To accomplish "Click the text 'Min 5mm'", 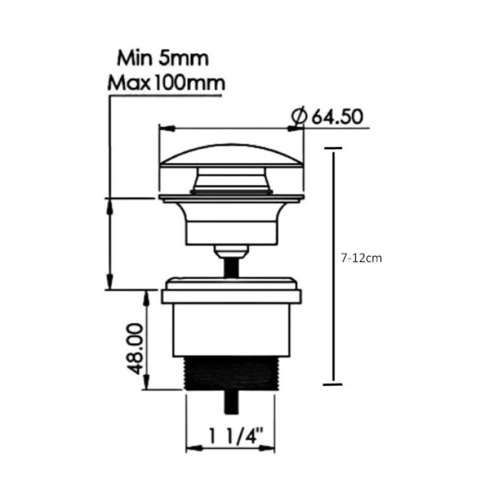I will pyautogui.click(x=163, y=59).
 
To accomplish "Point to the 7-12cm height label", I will pyautogui.click(x=361, y=258).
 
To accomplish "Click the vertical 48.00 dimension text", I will pyautogui.click(x=135, y=349).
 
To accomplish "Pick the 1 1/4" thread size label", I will pyautogui.click(x=229, y=435).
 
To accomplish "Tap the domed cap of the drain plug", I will pyautogui.click(x=232, y=156).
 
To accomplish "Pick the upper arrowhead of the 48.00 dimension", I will pyautogui.click(x=147, y=295).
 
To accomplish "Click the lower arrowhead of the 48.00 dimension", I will pyautogui.click(x=147, y=386).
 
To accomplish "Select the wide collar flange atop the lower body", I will pyautogui.click(x=230, y=296).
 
